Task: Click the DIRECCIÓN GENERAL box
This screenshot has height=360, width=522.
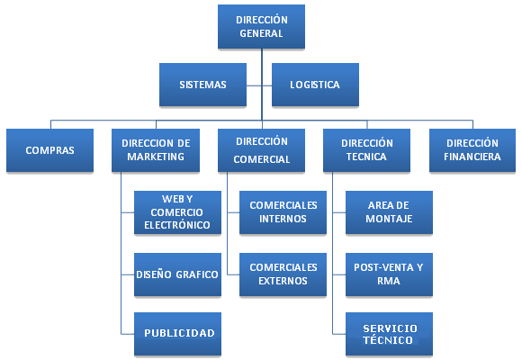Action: coord(261,27)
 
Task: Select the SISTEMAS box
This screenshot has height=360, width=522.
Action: coord(202,85)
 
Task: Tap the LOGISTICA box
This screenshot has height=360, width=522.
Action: coord(315,85)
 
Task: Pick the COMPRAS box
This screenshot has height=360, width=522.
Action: coord(49,150)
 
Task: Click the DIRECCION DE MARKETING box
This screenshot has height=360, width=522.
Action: coord(156,150)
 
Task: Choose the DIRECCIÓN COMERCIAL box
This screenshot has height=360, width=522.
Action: coord(261,150)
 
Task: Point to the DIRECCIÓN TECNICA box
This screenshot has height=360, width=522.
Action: coord(366,150)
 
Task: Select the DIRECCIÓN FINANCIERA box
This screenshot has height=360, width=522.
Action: coord(472,150)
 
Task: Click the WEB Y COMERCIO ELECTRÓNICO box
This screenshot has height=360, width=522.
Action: coord(177,212)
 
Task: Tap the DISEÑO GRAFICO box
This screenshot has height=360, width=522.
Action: coord(177,274)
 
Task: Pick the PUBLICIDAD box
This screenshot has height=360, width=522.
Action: coord(177,334)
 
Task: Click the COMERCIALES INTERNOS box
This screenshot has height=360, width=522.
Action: coord(283,212)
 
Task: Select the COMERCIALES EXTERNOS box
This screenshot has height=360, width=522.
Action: coord(283,274)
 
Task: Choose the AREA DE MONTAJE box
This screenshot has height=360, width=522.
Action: coord(389,212)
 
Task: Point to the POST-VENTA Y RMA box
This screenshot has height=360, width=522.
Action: coord(389,274)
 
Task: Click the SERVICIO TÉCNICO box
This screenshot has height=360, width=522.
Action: coord(389,334)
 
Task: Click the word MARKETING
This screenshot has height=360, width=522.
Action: coord(156,157)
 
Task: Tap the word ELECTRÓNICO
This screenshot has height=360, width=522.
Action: coord(177,225)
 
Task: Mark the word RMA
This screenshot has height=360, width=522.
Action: coord(389,281)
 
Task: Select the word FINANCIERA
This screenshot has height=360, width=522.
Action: coord(472,157)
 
